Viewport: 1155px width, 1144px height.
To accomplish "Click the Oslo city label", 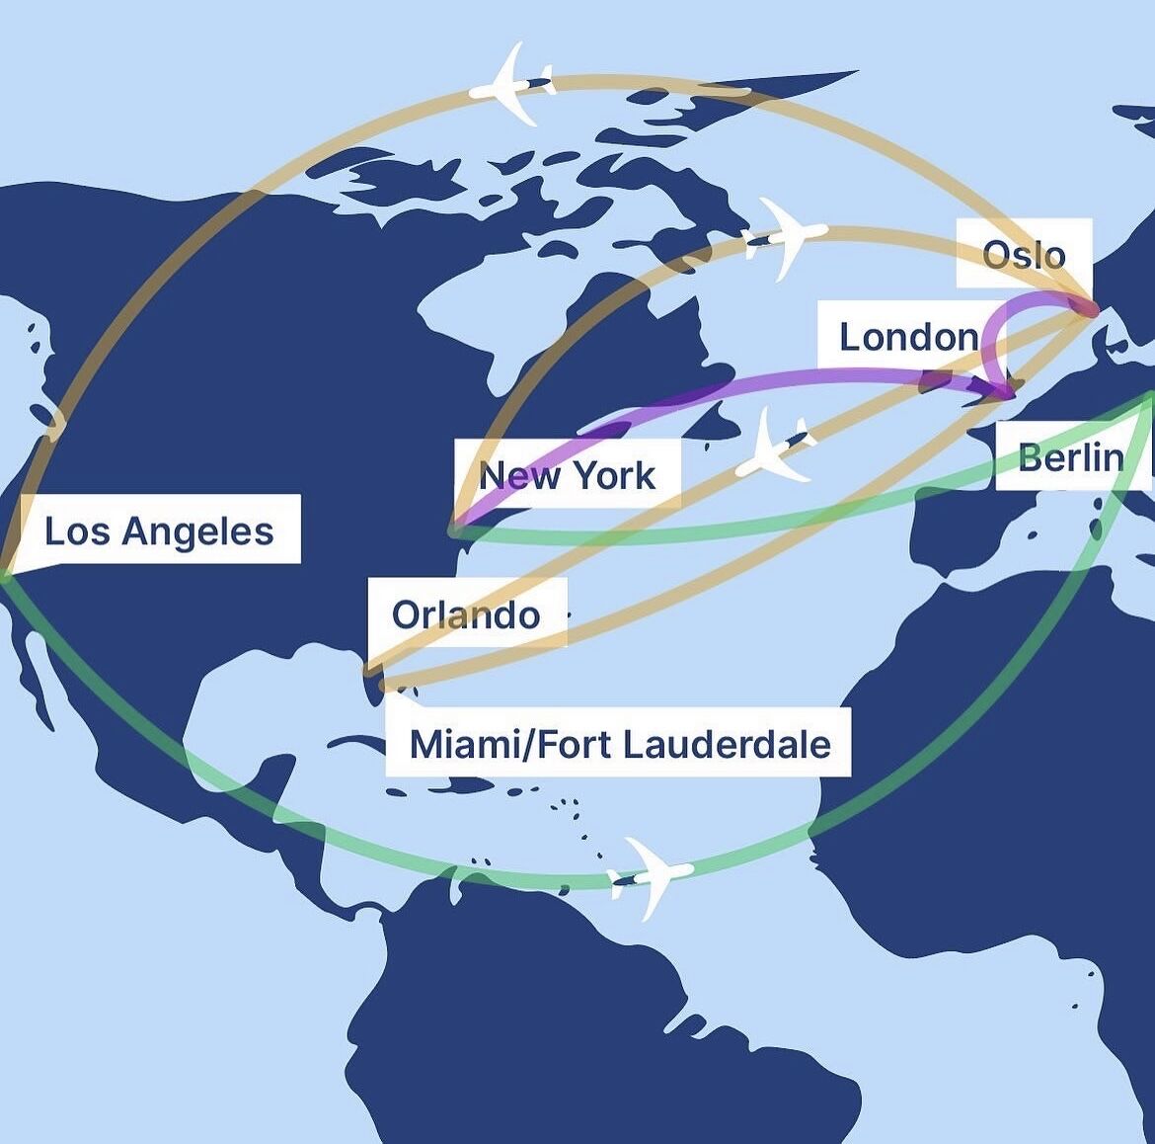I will click(x=1024, y=255).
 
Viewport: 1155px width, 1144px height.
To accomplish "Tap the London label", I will click(x=908, y=337).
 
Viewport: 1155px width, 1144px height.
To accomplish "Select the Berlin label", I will click(x=1070, y=457).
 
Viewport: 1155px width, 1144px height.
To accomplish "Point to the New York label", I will click(x=567, y=475).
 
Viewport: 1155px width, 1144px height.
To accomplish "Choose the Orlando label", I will click(x=466, y=614).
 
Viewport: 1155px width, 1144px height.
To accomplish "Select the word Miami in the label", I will click(x=459, y=743).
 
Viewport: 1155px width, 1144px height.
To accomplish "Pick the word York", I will click(x=614, y=475).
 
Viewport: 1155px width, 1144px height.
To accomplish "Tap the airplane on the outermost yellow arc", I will click(x=511, y=86).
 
